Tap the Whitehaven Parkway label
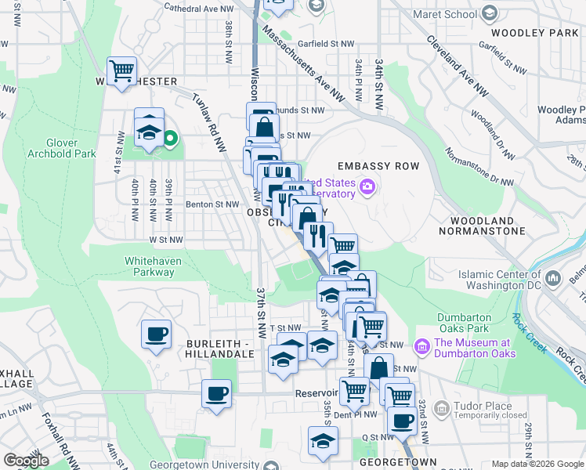(x=149, y=266)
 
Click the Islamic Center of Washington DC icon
(x=553, y=278)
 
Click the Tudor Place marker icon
(x=442, y=407)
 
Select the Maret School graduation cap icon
(x=490, y=13)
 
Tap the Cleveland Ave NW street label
(x=458, y=67)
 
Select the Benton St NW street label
(x=211, y=204)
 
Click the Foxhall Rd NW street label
(x=57, y=439)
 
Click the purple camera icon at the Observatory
(x=367, y=186)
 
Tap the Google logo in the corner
(x=27, y=461)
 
